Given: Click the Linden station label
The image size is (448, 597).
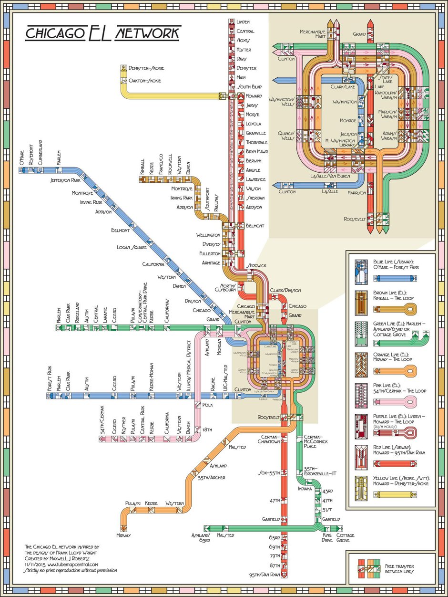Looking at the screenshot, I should (243, 22).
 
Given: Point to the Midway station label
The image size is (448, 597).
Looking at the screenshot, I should (124, 535).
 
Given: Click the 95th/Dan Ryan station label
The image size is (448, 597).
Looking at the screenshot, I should (263, 574).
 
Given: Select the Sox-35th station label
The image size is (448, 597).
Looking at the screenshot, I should (268, 473).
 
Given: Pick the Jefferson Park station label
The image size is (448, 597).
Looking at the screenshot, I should (65, 181).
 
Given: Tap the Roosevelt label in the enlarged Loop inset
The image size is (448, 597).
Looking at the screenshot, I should (355, 220).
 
